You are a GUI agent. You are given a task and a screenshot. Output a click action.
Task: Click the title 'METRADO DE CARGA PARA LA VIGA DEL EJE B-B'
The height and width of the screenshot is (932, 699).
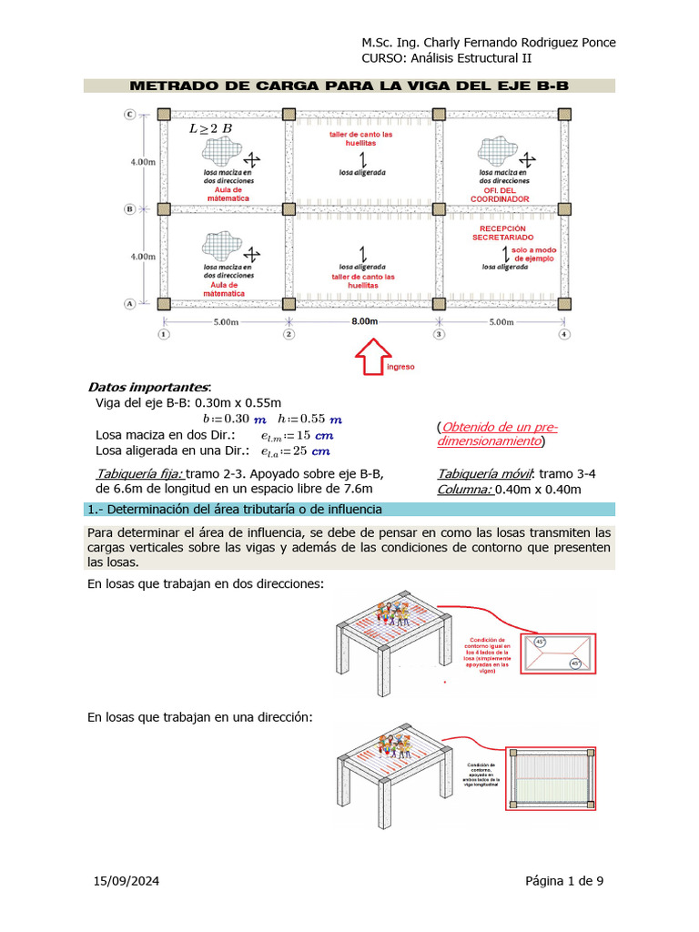pos(349,86)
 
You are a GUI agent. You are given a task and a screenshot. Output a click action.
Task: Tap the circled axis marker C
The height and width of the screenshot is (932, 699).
pos(130,114)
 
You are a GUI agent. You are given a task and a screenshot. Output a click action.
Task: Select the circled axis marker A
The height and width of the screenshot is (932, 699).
pos(130,303)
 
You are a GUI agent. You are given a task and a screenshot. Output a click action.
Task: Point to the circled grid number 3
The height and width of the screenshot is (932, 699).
pos(439,335)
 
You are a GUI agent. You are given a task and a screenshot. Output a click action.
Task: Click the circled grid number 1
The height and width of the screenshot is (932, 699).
pos(163,335)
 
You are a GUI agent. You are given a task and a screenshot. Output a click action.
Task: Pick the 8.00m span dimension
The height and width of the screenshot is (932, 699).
pos(364,322)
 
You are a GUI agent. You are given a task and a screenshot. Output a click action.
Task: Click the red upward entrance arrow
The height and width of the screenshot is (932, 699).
pos(371,356)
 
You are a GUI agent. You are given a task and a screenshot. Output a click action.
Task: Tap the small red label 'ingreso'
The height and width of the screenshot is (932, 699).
pos(400,367)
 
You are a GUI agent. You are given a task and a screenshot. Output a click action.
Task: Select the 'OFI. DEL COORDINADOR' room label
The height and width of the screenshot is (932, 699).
pos(500,195)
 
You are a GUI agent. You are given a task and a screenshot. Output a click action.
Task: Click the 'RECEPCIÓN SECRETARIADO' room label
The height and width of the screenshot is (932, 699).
pos(499,233)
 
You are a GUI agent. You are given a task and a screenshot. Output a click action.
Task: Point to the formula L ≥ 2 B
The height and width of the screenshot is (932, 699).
pos(210,129)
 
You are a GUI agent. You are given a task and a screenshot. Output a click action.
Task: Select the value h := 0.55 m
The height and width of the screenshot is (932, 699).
pos(309,419)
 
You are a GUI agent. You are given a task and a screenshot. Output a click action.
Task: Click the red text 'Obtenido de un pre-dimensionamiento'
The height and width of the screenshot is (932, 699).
pos(497,434)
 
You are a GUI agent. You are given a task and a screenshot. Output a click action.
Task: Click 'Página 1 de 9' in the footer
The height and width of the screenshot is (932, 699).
pos(563,880)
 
